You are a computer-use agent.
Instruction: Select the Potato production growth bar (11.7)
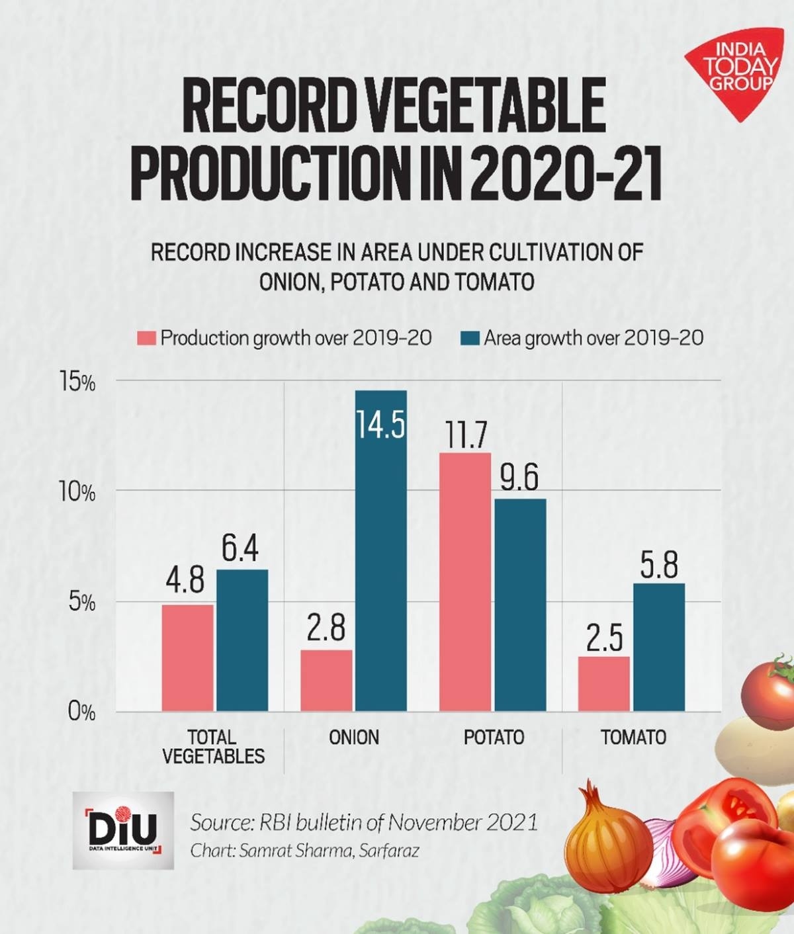pyautogui.click(x=465, y=582)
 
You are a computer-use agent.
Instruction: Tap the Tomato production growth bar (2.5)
pyautogui.click(x=603, y=684)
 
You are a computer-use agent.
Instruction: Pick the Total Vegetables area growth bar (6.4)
pyautogui.click(x=242, y=640)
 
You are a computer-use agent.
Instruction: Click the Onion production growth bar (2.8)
pyautogui.click(x=326, y=681)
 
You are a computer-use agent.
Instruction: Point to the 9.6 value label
pyautogui.click(x=519, y=478)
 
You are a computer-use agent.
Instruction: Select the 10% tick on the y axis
pyautogui.click(x=77, y=493)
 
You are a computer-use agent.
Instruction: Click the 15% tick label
pyautogui.click(x=77, y=383)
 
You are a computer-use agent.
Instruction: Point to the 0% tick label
pyautogui.click(x=81, y=712)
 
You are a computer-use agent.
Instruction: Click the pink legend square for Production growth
pyautogui.click(x=147, y=338)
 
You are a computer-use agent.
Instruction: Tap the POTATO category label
pyautogui.click(x=494, y=737)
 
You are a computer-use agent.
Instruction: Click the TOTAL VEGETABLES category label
pyautogui.click(x=213, y=746)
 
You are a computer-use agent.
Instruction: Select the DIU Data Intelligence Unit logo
pyautogui.click(x=123, y=829)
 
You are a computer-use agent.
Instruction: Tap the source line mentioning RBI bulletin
pyautogui.click(x=363, y=822)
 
